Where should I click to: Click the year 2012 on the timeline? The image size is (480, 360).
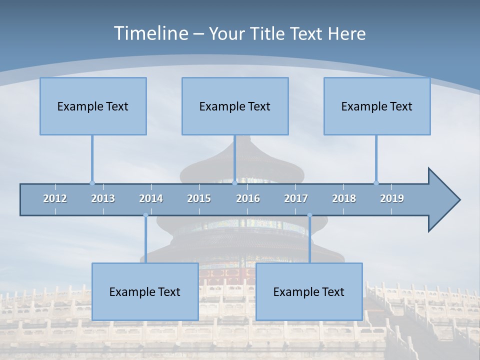[x=55, y=198]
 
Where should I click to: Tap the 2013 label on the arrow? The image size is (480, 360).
[x=103, y=198]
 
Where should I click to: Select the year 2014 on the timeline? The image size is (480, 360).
[x=151, y=198]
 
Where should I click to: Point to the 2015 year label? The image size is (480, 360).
[x=199, y=198]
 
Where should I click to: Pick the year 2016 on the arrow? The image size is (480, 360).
[x=248, y=198]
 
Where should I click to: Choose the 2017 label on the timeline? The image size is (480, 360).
[x=296, y=198]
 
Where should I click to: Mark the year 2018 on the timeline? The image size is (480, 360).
[x=344, y=198]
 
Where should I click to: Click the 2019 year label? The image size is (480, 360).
[x=392, y=198]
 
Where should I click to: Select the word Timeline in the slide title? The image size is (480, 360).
[x=150, y=33]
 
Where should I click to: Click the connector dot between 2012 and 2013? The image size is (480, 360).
[x=92, y=183]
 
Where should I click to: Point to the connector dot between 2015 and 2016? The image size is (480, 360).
[x=234, y=183]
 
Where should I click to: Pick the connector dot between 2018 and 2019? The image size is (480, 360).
[x=376, y=183]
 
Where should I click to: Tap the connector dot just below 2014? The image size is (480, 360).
[x=145, y=215]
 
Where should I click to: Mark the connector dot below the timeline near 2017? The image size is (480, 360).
[x=309, y=215]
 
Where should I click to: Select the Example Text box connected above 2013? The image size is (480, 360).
[x=93, y=106]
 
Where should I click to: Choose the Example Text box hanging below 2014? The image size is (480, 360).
[x=145, y=291]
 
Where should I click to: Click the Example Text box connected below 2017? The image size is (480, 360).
[x=309, y=291]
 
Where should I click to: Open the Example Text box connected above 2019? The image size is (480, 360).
[x=377, y=106]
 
